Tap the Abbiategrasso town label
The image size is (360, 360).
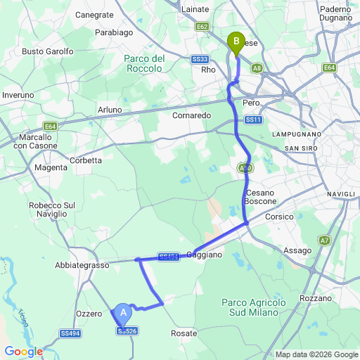(x=82, y=266)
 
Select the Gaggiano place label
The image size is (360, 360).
(x=205, y=255)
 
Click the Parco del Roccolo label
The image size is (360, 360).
(x=143, y=63)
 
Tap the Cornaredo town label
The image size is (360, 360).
(x=191, y=115)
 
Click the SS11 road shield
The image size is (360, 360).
(x=254, y=120)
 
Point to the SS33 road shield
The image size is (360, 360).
(x=200, y=60)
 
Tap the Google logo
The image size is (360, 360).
(x=23, y=352)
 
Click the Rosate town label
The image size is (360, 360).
(x=184, y=333)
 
